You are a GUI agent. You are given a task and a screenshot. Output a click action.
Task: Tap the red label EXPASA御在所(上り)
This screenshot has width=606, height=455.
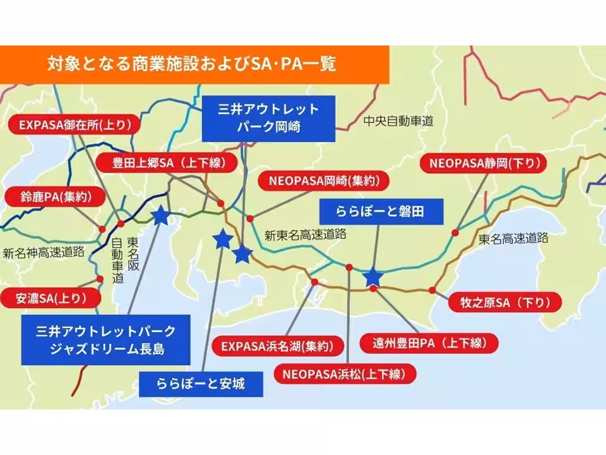[x=75, y=125]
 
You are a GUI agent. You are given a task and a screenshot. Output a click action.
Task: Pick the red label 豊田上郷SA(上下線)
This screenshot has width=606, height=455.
[x=166, y=164]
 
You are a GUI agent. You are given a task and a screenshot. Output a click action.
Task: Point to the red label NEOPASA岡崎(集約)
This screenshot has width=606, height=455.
[x=320, y=181]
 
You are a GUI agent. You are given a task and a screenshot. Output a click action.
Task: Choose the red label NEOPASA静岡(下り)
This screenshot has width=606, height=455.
[x=485, y=163]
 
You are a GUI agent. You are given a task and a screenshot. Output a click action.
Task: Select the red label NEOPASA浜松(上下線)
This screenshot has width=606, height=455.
[x=346, y=373]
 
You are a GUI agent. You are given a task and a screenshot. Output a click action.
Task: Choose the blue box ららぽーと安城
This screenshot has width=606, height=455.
[x=200, y=383]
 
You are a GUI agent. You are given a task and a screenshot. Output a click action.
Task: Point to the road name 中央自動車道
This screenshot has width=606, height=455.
[x=398, y=121]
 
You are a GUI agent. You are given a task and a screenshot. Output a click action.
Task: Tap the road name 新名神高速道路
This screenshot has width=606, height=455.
[x=44, y=253]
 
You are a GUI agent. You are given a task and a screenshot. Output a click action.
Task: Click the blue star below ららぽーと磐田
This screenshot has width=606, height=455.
[x=373, y=277]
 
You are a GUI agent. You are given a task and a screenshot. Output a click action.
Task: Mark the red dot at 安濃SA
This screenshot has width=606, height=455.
[x=100, y=279]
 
